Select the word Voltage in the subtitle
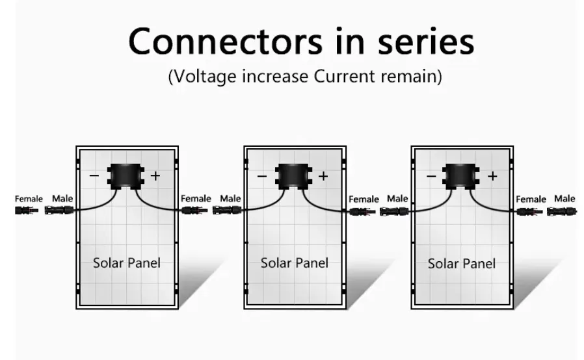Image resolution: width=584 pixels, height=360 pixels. point(206,76)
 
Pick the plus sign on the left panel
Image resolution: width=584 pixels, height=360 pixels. point(155,176)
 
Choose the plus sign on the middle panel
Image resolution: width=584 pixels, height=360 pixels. point(323,176)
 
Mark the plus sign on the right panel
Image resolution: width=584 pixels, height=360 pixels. point(492,176)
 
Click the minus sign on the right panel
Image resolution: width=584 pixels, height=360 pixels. point(431,176)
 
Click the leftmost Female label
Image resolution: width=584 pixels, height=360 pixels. point(29,198)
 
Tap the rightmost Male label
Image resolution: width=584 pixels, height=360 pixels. point(564,198)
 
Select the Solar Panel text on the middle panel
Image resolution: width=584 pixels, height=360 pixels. point(295,263)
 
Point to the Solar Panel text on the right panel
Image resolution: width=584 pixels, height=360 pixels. point(462,264)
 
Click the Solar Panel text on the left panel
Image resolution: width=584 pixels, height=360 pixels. point(127,263)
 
